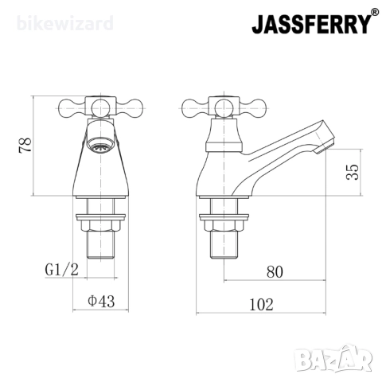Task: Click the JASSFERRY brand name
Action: coord(310,25)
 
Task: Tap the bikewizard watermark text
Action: coord(65,23)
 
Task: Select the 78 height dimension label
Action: coord(25,145)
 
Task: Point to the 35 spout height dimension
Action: coord(353,172)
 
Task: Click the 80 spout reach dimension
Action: coord(275,272)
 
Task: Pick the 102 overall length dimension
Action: coord(261,305)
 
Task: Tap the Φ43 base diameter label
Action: coord(101,301)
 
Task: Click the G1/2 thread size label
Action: coord(62,270)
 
